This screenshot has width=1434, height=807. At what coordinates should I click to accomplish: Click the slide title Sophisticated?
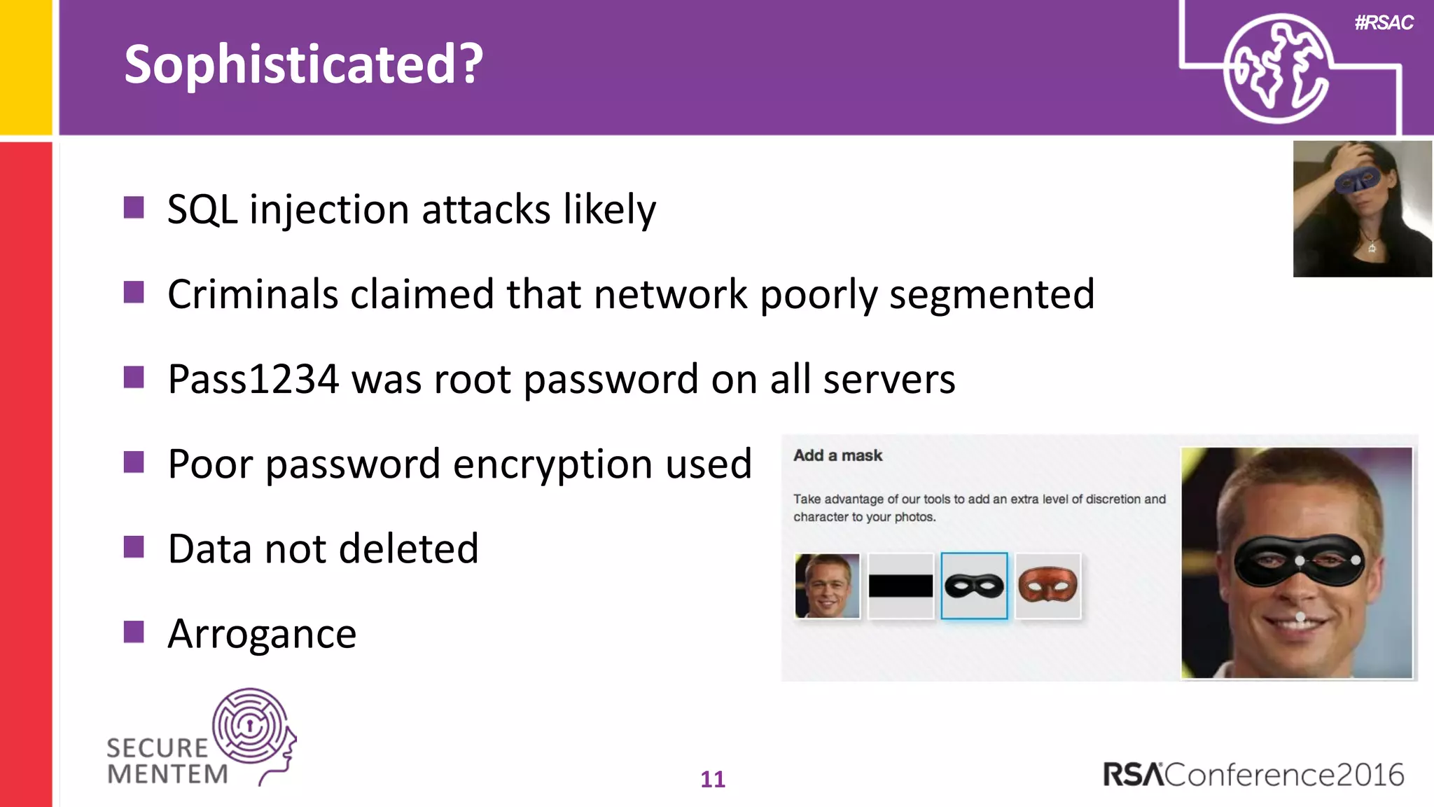click(x=303, y=64)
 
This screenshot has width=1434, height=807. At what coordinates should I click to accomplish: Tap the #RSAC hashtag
click(x=1384, y=23)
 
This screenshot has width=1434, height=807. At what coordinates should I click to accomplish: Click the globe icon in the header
click(x=1276, y=69)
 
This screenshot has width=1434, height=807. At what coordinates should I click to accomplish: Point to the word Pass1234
click(x=253, y=380)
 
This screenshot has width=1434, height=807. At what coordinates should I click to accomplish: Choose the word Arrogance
click(x=262, y=634)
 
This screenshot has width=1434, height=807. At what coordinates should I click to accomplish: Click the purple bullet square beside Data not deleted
click(x=134, y=547)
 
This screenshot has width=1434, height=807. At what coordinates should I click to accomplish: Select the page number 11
click(x=713, y=779)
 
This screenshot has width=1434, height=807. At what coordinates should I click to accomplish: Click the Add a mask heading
click(x=837, y=455)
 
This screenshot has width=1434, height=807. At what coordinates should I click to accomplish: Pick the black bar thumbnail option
click(x=900, y=586)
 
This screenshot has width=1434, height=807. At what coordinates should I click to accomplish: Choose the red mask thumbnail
click(x=1047, y=586)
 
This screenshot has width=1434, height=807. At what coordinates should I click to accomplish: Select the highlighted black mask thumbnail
click(x=974, y=586)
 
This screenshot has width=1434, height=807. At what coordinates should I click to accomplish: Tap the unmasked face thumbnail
click(x=827, y=586)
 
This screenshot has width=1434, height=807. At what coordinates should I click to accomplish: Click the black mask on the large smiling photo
click(x=1299, y=560)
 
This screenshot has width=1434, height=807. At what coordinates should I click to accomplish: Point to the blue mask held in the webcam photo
click(x=1357, y=180)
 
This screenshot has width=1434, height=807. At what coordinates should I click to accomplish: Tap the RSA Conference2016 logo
click(x=1253, y=775)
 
